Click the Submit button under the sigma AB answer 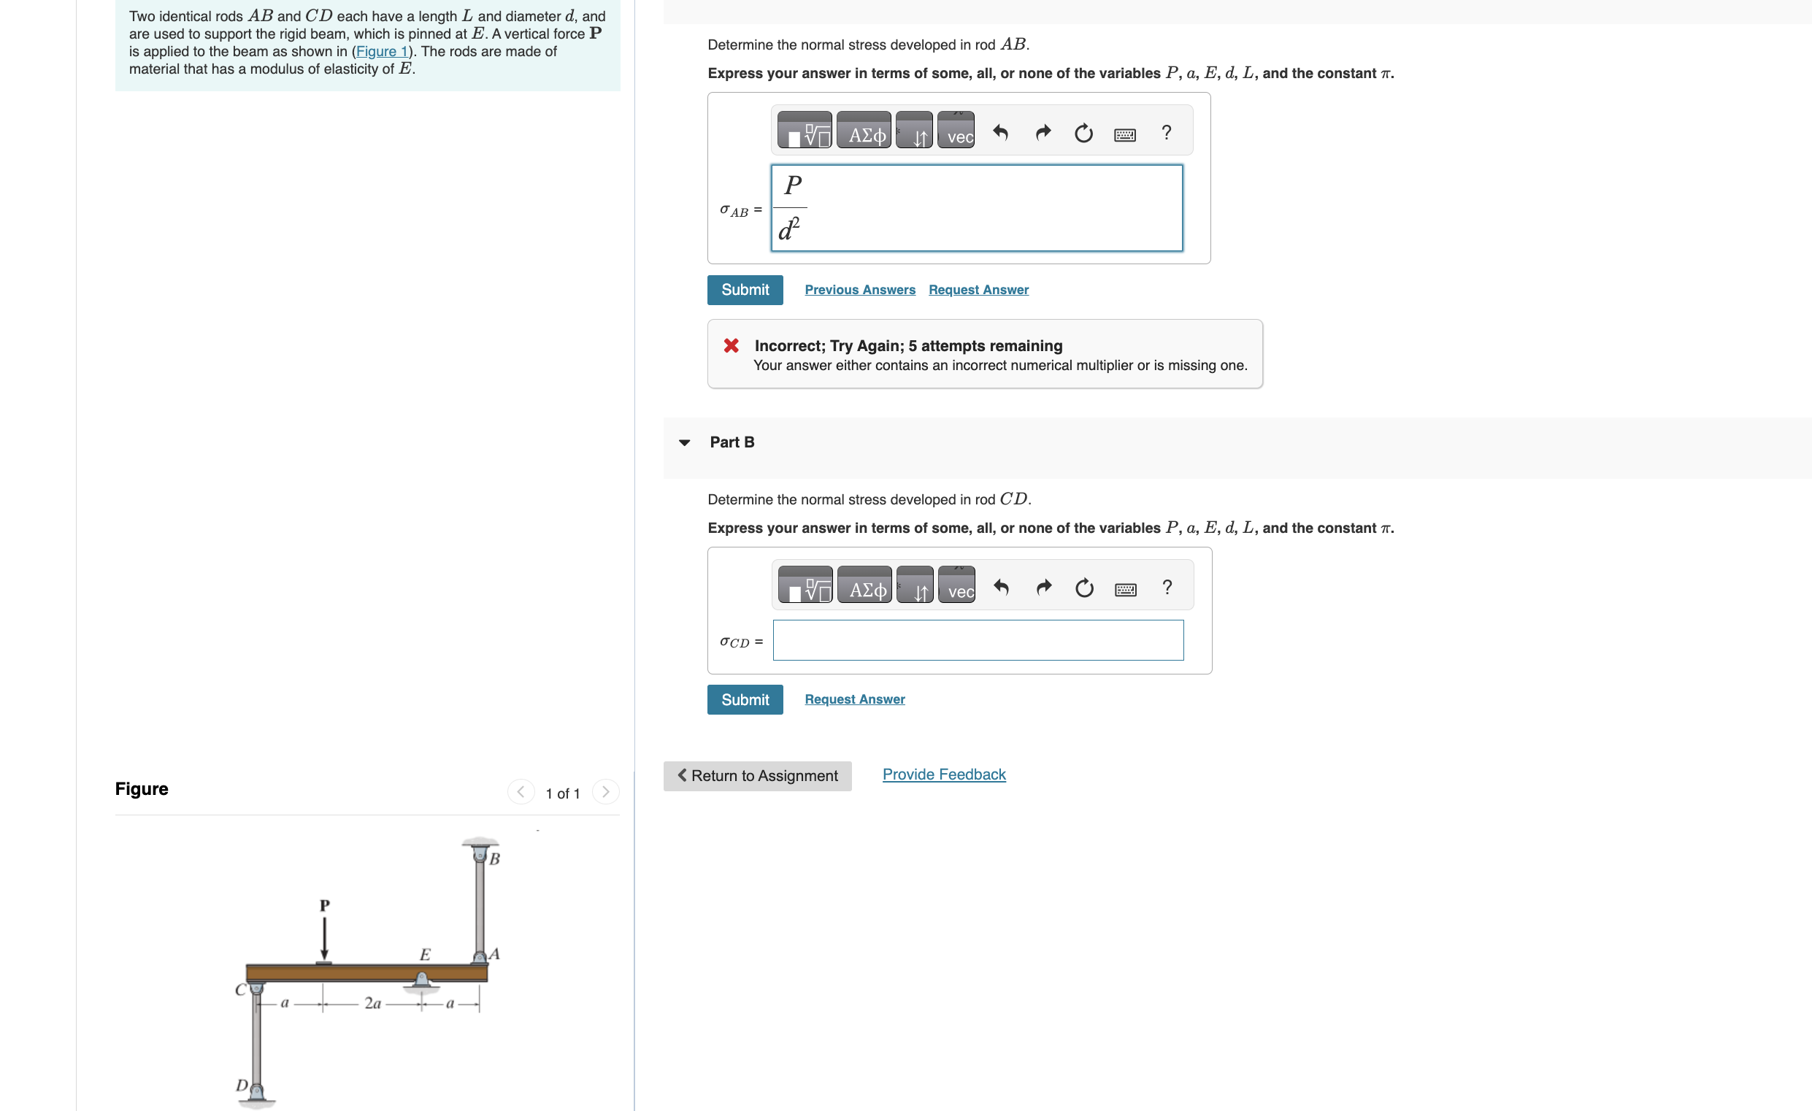click(x=744, y=290)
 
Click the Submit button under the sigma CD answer click(x=744, y=699)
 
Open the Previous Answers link click(x=859, y=290)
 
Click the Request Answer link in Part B click(x=853, y=699)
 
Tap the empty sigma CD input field click(x=978, y=640)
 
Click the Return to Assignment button click(x=757, y=776)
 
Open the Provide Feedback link click(x=943, y=774)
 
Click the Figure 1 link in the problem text click(x=381, y=52)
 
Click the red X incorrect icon click(x=730, y=345)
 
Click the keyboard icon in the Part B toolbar click(x=1124, y=589)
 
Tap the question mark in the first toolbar click(x=1166, y=132)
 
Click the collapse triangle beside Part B click(x=684, y=442)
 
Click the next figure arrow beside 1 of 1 click(x=605, y=792)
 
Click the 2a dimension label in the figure click(x=372, y=1004)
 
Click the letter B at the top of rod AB click(x=494, y=859)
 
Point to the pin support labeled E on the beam click(x=421, y=980)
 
